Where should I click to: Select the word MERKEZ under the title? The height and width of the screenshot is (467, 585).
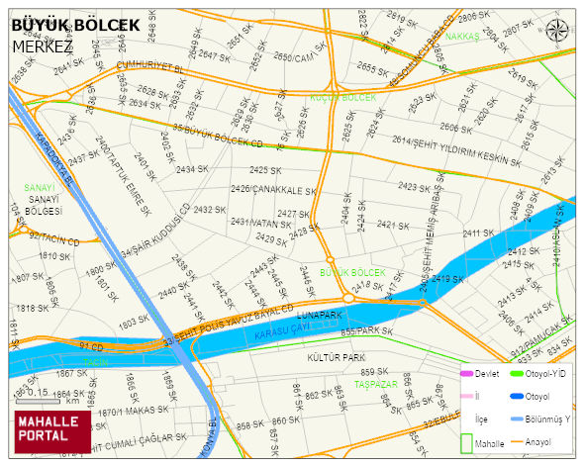(43, 46)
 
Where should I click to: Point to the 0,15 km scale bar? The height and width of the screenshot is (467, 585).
(40, 396)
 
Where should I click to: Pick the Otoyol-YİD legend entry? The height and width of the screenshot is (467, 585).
(540, 374)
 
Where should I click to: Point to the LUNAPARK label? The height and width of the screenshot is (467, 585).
(318, 314)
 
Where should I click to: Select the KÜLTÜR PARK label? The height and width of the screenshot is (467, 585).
(336, 356)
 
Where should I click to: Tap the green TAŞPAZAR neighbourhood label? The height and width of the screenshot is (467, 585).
(376, 383)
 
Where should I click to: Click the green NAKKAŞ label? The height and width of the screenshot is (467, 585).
(462, 37)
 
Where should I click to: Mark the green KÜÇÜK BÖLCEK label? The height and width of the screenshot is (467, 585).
(343, 97)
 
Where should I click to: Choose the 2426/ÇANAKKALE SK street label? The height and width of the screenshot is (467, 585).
(272, 189)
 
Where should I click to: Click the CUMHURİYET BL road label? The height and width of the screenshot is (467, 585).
(150, 68)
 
